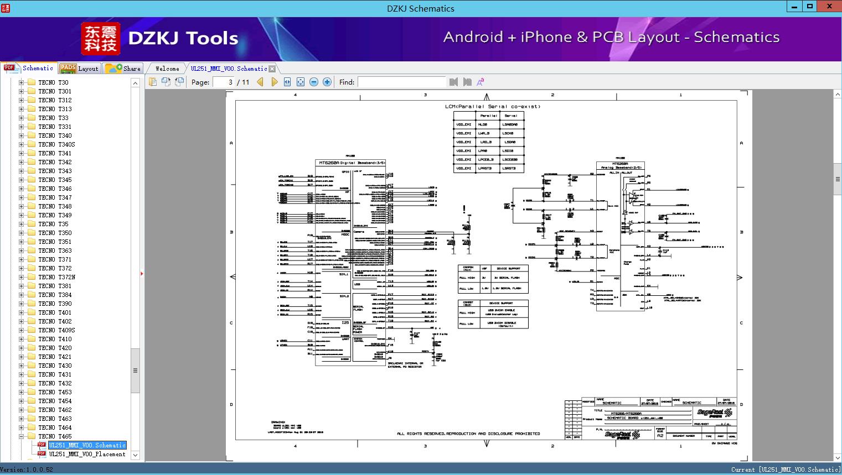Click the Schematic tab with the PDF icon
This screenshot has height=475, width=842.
(x=29, y=68)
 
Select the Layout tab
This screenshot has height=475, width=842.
(x=79, y=69)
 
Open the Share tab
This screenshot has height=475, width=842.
(x=124, y=69)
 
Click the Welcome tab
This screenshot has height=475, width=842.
(x=167, y=69)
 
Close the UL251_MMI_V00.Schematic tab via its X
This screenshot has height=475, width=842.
(x=272, y=69)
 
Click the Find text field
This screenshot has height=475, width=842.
(x=401, y=82)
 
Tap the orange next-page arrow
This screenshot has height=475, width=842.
(x=274, y=82)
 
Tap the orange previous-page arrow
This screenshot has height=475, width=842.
(x=260, y=82)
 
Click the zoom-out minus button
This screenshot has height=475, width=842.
(x=314, y=82)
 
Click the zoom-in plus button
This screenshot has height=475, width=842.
(x=327, y=82)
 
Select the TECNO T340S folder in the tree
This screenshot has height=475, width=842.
(x=56, y=144)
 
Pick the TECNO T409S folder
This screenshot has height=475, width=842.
(x=56, y=330)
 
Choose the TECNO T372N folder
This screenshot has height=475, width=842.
(x=56, y=277)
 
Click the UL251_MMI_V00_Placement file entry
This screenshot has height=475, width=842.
(x=87, y=454)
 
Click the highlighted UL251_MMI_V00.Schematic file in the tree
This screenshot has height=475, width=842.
(x=87, y=445)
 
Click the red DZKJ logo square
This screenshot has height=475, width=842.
(x=100, y=38)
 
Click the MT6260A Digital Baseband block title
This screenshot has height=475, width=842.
(x=351, y=163)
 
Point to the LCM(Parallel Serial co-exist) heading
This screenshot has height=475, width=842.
(x=492, y=106)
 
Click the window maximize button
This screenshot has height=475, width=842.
(x=810, y=7)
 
